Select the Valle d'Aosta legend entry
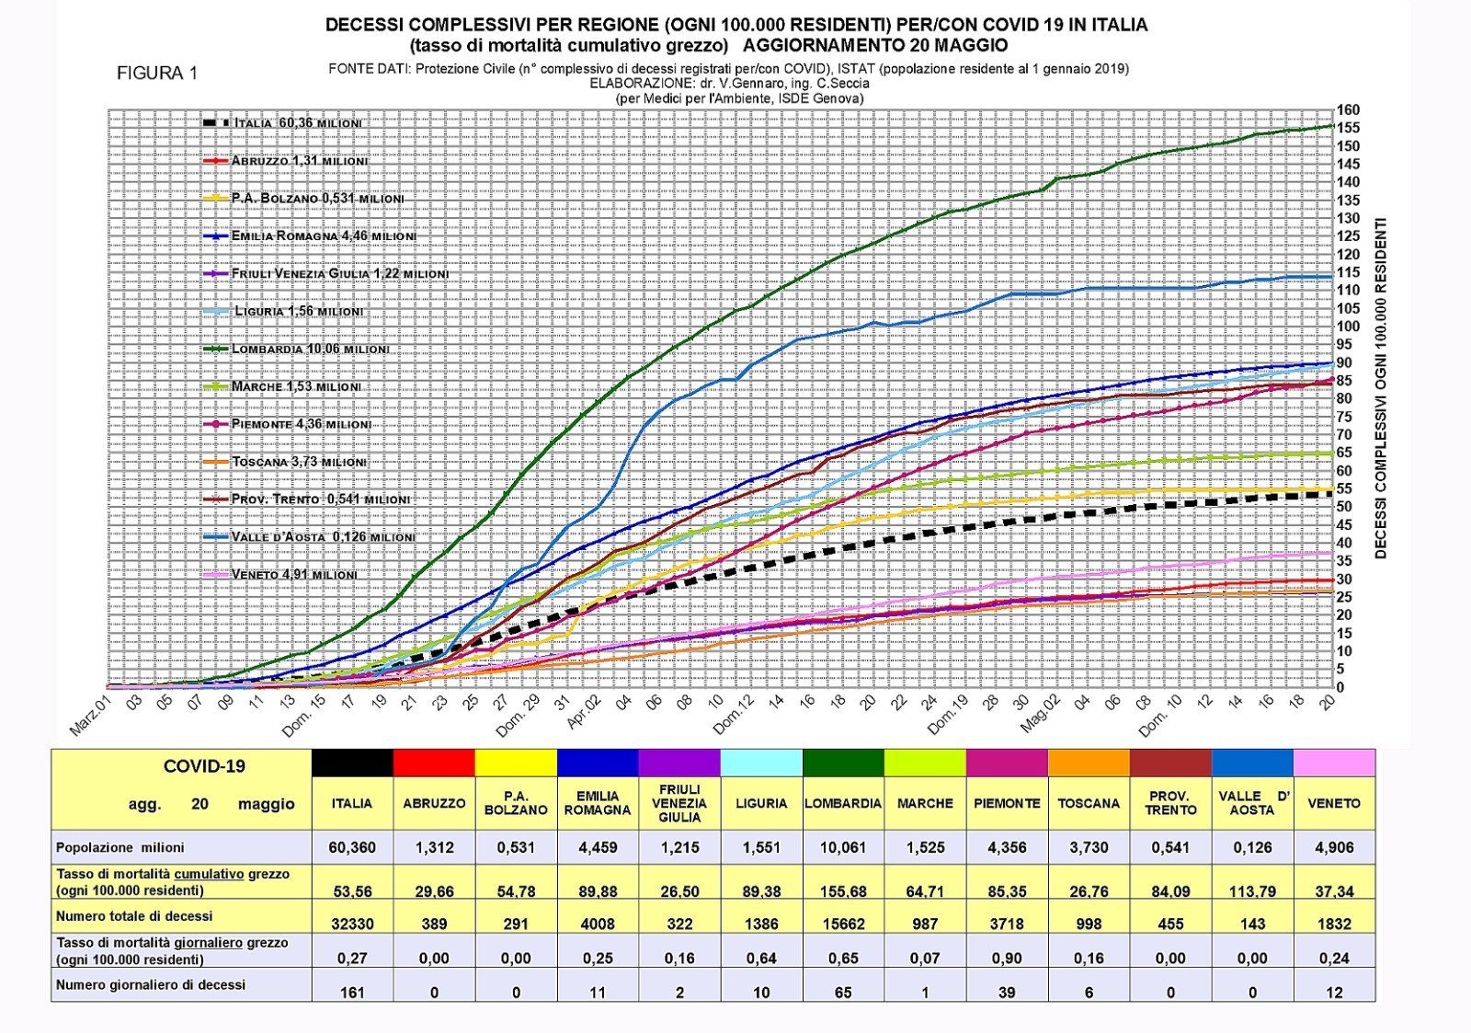coord(323,537)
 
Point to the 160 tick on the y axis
coord(1348,110)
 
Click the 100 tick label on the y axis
coord(1348,327)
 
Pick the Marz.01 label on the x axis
coord(90,717)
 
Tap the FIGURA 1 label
coord(157,74)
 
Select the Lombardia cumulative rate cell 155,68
coord(843,890)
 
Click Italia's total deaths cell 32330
coord(352,924)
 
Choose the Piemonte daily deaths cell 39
coord(1007,993)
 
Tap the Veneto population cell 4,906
coord(1334,848)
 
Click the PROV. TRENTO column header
coord(1170,803)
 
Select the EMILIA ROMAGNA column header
coord(598,803)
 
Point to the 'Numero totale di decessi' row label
coord(134,916)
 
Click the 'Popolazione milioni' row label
coord(120,848)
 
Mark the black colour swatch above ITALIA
coord(352,763)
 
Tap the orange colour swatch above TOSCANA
coord(1089,763)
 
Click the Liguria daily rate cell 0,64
coord(761,958)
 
